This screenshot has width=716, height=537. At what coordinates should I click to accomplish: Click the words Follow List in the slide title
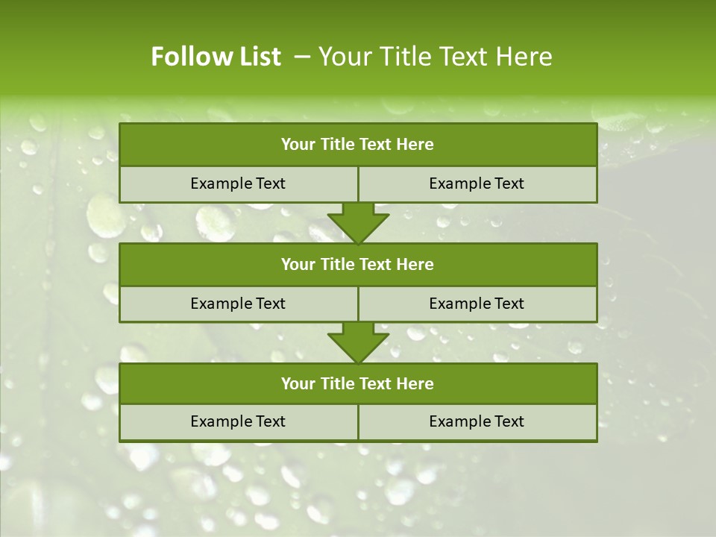coord(216,57)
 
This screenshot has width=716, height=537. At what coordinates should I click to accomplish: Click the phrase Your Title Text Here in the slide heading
coord(435,57)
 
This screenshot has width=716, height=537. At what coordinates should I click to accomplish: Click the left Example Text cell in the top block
coord(238,183)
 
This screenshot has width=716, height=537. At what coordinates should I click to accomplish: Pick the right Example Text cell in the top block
coord(477,183)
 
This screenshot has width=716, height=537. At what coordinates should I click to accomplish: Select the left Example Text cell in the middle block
coord(238,304)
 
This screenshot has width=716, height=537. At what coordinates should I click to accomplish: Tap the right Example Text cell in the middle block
coord(477,304)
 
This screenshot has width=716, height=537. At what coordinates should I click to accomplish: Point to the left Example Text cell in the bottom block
coord(238,421)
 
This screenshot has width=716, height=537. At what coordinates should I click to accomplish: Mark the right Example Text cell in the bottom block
coord(477,421)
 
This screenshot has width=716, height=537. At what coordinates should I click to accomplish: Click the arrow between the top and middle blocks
coord(358,223)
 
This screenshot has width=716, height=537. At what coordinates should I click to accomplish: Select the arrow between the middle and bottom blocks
coord(358,342)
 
